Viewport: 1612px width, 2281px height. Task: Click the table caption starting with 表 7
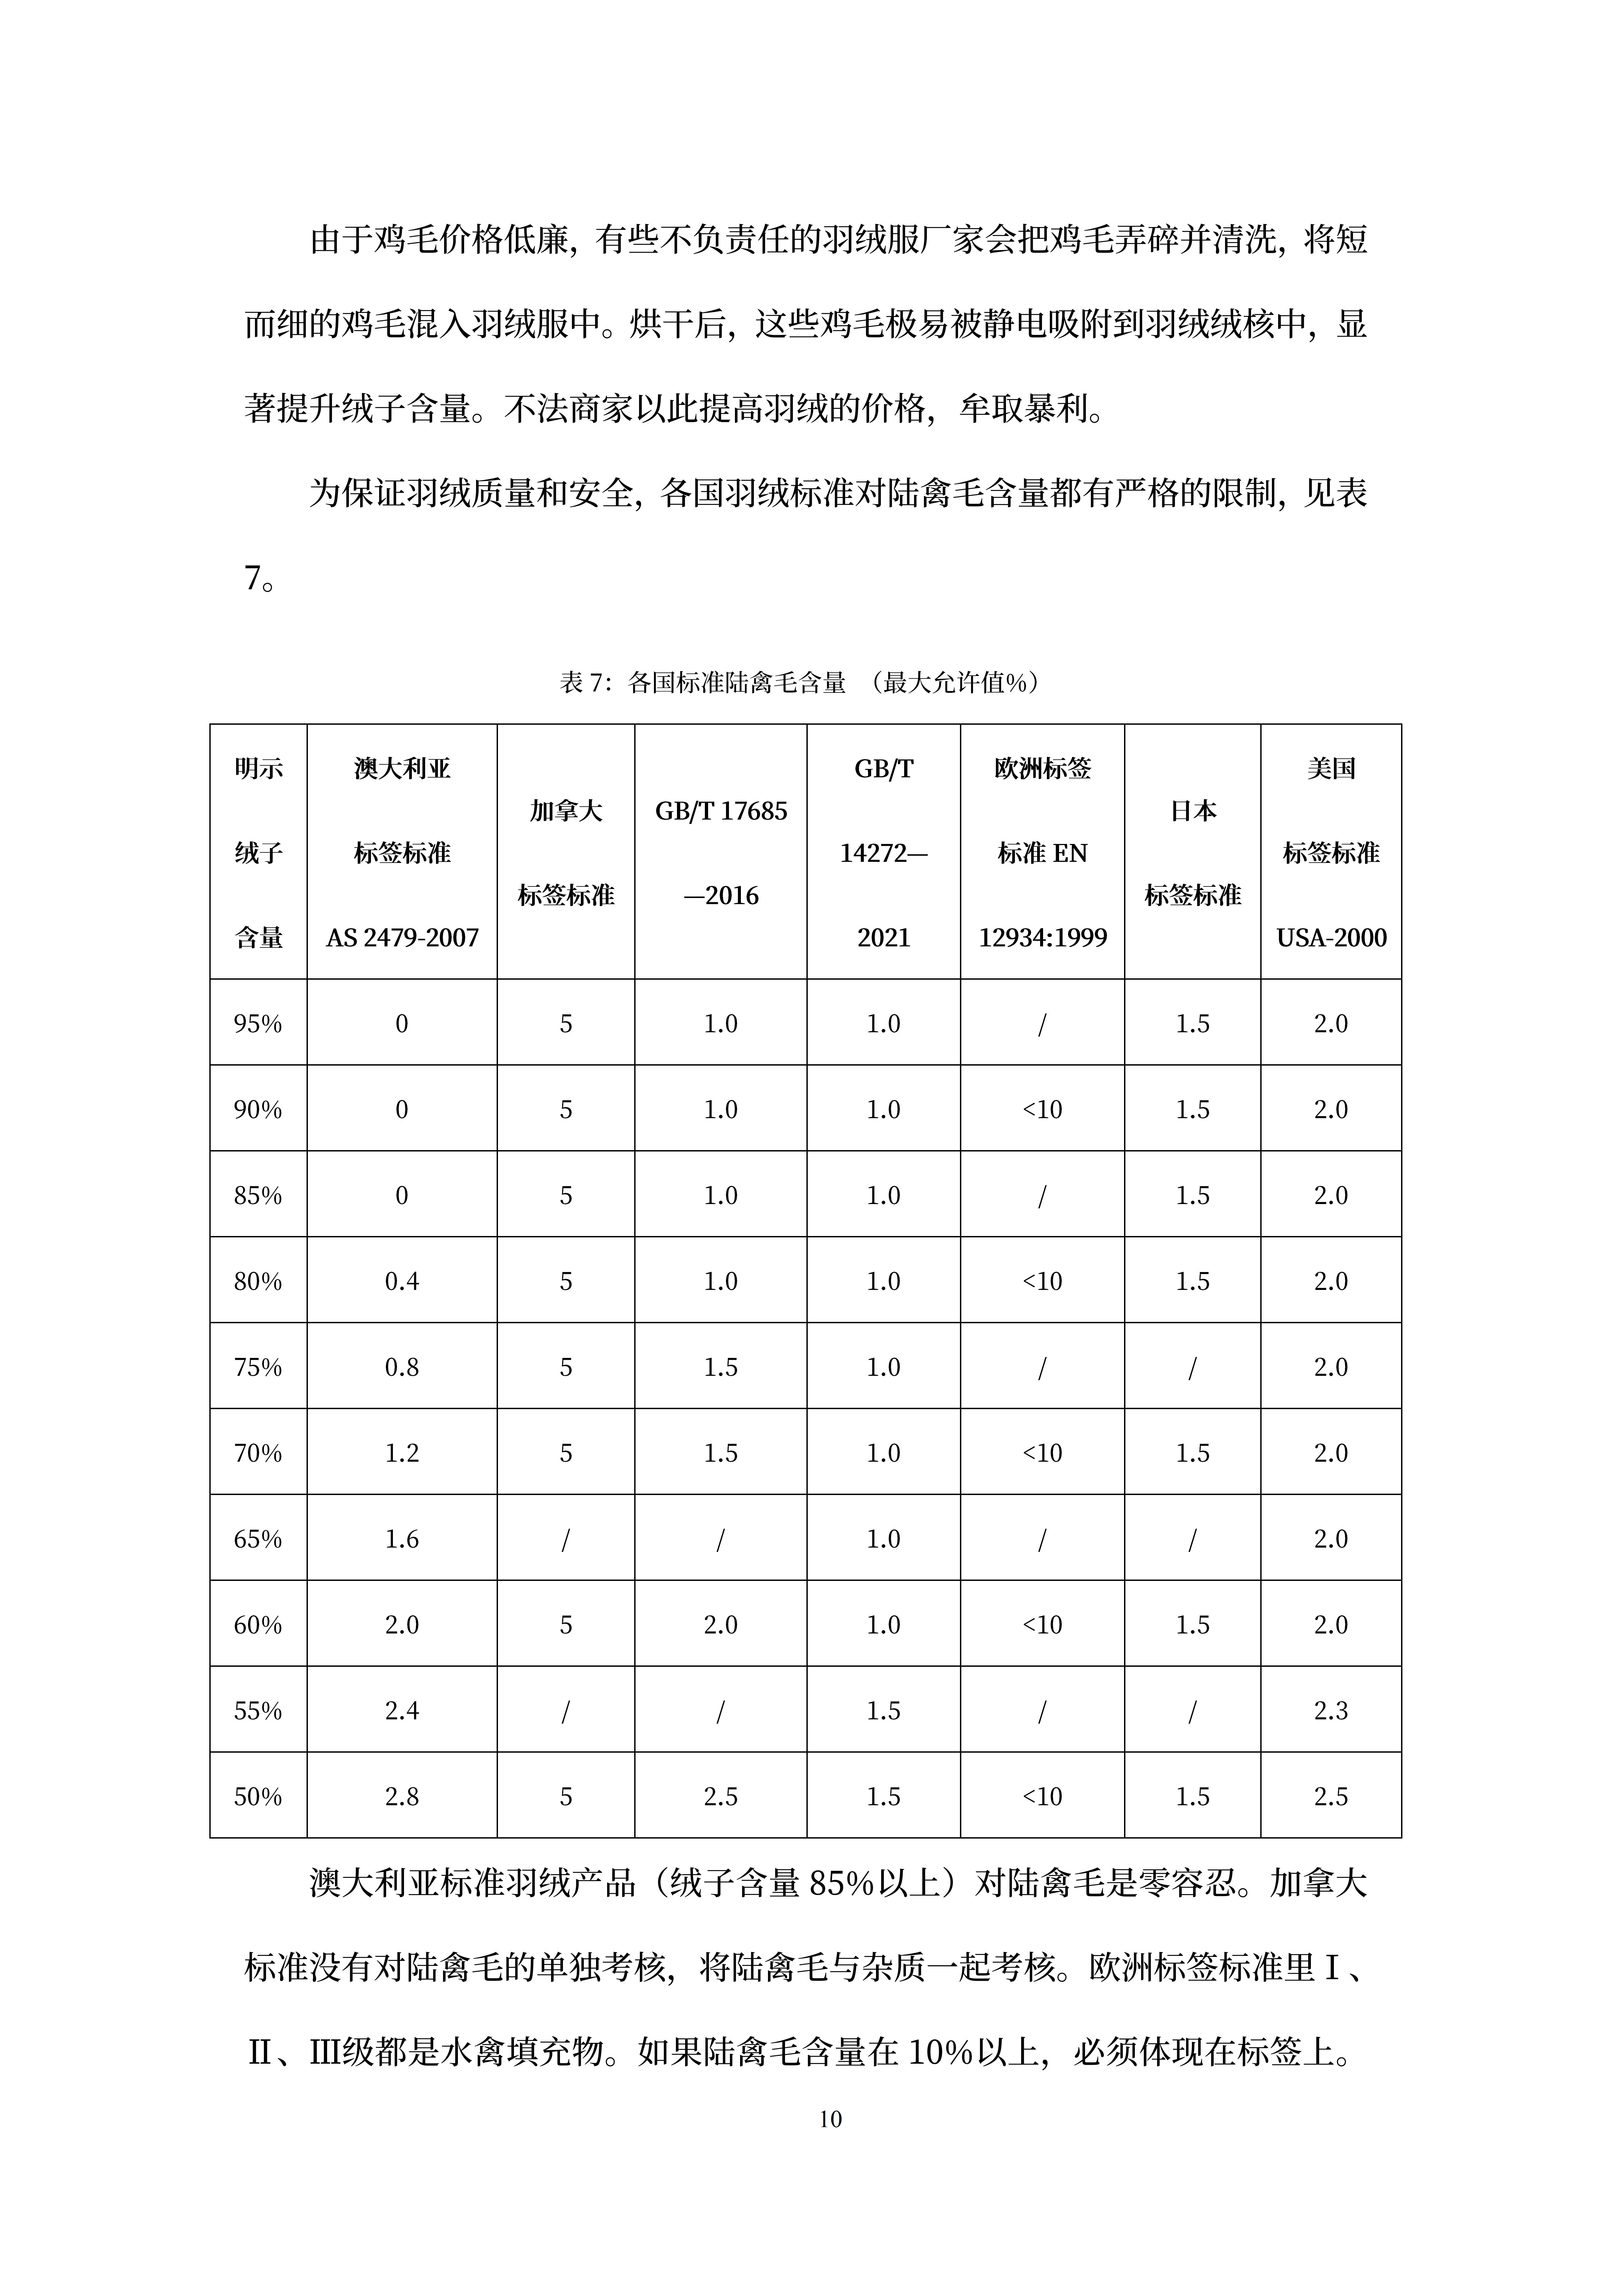point(800,682)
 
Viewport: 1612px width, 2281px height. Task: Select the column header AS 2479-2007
point(402,937)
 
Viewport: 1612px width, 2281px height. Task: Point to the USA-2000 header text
point(1331,937)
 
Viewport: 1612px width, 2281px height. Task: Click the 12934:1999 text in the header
point(1042,937)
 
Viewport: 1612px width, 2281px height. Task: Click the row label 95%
point(258,1023)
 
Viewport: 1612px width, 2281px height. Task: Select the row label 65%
point(258,1539)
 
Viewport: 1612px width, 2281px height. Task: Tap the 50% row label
point(258,1796)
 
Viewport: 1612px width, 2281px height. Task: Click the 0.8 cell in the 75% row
point(402,1367)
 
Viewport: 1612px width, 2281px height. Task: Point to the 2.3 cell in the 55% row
point(1331,1711)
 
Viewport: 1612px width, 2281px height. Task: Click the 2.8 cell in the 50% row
point(402,1796)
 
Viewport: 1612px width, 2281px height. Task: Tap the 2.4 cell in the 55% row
point(402,1711)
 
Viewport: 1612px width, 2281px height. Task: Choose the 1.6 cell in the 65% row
point(402,1539)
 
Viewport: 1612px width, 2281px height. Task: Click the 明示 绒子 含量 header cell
point(258,852)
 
